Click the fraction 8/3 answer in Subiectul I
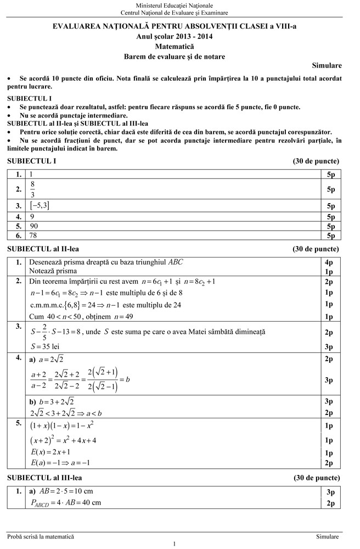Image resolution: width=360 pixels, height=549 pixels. pyautogui.click(x=33, y=189)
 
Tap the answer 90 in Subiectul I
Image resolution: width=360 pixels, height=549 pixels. pyautogui.click(x=34, y=226)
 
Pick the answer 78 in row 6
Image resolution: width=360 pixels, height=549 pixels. pyautogui.click(x=34, y=236)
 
